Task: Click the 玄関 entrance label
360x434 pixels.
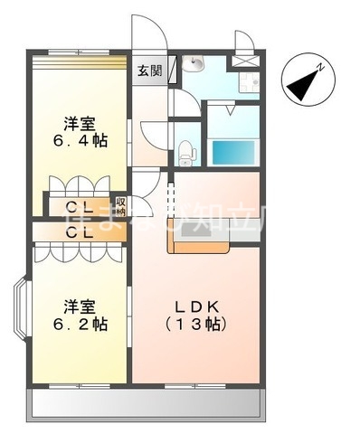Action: coord(150,71)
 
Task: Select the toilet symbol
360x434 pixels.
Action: coord(185,151)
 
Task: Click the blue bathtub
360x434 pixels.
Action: coord(232,150)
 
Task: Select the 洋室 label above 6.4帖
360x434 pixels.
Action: coord(76,122)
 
